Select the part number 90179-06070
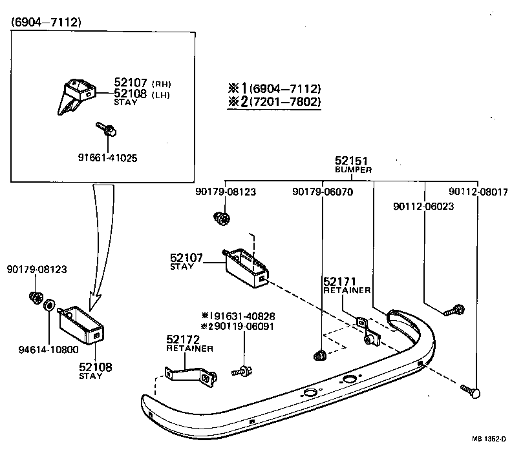322,192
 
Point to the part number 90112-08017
478,192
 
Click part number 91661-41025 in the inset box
107,157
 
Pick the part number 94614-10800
48,350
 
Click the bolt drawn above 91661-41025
107,129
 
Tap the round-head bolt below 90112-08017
473,391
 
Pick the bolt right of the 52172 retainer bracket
242,371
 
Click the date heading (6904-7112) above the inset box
45,23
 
